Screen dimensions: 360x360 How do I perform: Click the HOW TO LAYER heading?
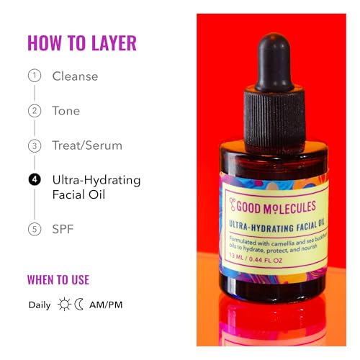tap(82, 43)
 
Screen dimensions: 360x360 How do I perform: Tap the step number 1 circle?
tap(35, 76)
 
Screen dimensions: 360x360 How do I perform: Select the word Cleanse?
tap(75, 76)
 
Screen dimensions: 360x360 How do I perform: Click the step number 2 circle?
tap(35, 111)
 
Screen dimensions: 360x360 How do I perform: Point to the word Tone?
tap(66, 111)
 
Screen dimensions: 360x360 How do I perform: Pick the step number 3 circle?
tap(35, 145)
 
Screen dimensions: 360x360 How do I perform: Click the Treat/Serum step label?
tap(87, 145)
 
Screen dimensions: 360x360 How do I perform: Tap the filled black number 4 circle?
tap(35, 179)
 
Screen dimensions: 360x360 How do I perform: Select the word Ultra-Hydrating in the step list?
tap(96, 181)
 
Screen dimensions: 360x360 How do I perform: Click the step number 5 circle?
tap(35, 229)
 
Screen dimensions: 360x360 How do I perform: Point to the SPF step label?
tap(63, 229)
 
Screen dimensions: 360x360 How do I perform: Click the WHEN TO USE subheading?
tap(58, 280)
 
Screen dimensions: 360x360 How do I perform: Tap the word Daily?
tap(40, 305)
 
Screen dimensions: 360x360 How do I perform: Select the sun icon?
tap(64, 305)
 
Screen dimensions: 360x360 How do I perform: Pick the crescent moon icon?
tap(78, 305)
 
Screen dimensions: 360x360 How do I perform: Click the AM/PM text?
tap(106, 305)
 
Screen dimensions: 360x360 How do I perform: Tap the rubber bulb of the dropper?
tap(274, 63)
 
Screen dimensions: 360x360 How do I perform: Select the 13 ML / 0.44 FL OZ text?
tap(256, 258)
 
